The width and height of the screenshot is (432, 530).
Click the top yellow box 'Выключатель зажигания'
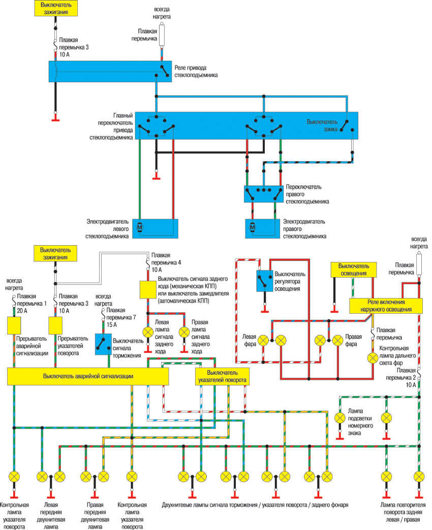[x=56, y=7]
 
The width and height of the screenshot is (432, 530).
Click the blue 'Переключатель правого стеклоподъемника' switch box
[x=264, y=192]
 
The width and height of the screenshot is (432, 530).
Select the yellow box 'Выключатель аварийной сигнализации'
[x=88, y=376]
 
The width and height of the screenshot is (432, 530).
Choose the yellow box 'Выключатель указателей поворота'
[x=222, y=376]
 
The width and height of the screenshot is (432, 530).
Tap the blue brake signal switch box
[x=104, y=344]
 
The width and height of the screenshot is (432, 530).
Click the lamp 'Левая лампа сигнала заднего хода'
[x=147, y=332]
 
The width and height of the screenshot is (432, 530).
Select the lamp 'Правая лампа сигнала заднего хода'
[x=184, y=332]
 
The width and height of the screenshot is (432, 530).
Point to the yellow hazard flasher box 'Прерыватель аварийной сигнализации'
[x=13, y=325]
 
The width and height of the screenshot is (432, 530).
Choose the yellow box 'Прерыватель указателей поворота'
[x=55, y=325]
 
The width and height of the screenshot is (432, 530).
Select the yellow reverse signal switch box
[x=147, y=289]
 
